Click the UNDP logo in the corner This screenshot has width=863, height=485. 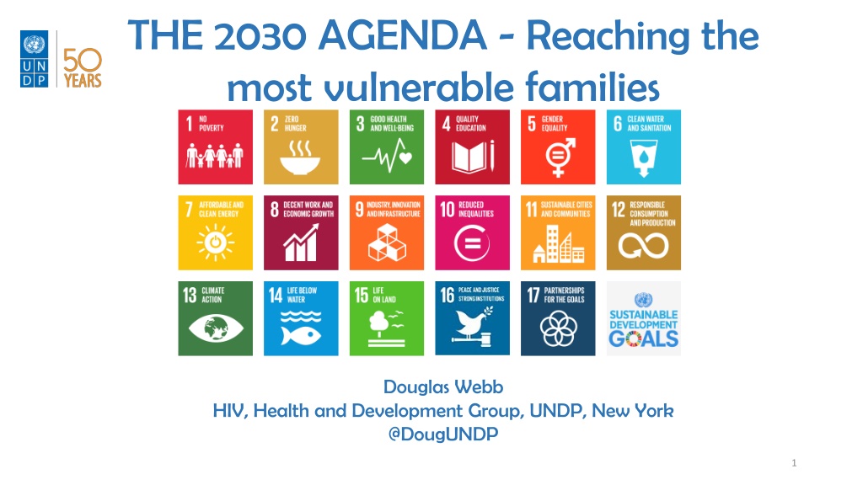(x=34, y=59)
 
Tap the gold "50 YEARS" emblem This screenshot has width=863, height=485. (x=83, y=68)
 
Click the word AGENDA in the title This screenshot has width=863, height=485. (x=402, y=35)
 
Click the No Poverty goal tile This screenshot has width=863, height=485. (x=215, y=147)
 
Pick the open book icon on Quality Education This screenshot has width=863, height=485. (x=473, y=157)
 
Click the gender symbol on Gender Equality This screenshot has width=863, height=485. (x=560, y=157)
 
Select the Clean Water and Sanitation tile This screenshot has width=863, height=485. (x=643, y=147)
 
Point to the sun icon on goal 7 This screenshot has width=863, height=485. (x=215, y=242)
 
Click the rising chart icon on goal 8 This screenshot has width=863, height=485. (x=301, y=242)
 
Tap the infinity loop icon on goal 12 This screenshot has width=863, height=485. (x=643, y=246)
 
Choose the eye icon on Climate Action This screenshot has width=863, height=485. (x=215, y=328)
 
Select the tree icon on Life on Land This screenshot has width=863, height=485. (x=378, y=324)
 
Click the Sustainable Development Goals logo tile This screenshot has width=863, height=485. (x=643, y=318)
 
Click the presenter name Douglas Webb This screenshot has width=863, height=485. (x=443, y=386)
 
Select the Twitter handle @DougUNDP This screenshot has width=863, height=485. (x=443, y=434)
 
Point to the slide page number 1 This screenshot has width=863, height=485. (x=794, y=463)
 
